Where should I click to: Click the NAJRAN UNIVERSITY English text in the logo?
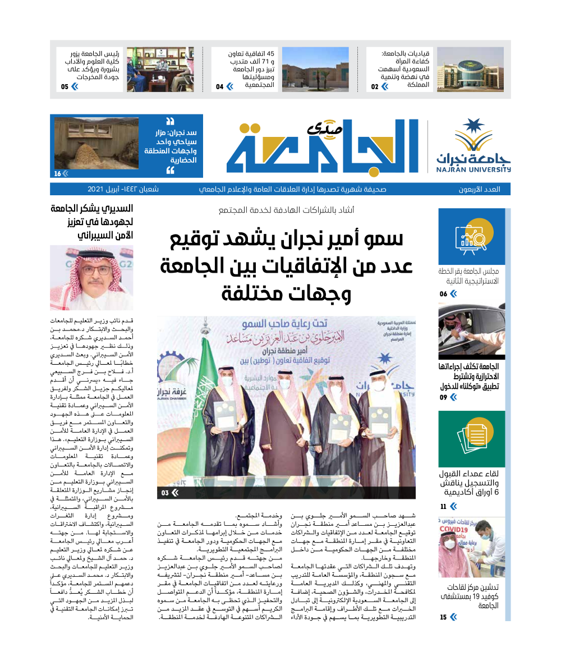pos(474,168)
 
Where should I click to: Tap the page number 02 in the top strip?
pos(375,86)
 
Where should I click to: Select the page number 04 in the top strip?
pos(220,86)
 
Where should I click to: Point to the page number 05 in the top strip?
pos(65,86)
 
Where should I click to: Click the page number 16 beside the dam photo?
pos(58,173)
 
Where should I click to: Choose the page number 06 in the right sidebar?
pos(444,294)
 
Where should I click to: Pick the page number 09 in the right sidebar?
pos(444,397)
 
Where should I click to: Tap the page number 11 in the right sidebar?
pos(444,507)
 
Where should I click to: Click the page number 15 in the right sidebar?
pos(444,617)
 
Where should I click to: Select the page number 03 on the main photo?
pos(165,493)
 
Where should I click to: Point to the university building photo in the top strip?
pos(462,69)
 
